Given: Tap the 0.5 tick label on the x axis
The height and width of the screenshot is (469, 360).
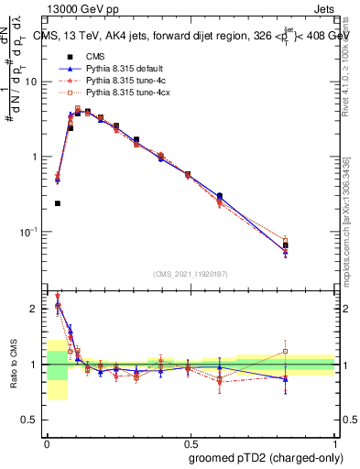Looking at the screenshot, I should tap(191, 442).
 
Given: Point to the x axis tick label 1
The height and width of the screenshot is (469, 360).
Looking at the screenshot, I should tap(335, 442).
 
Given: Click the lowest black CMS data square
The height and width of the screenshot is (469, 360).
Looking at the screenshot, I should tap(58, 203).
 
